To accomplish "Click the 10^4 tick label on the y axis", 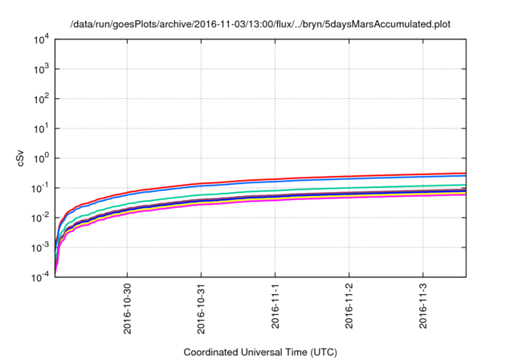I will [41, 39].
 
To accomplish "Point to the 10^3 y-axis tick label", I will [41, 69].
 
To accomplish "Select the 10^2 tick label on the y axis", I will [41, 99].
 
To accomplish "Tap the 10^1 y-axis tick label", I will [41, 129].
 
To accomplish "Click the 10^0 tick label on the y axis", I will [41, 158].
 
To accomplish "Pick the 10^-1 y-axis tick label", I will [40, 188].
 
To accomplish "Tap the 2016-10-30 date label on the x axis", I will [128, 306].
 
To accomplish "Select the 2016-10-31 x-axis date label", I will [202, 306].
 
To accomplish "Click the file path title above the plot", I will [260, 24].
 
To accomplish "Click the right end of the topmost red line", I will [465, 173].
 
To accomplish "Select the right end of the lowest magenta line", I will [465, 194].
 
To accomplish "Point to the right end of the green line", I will [465, 185].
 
